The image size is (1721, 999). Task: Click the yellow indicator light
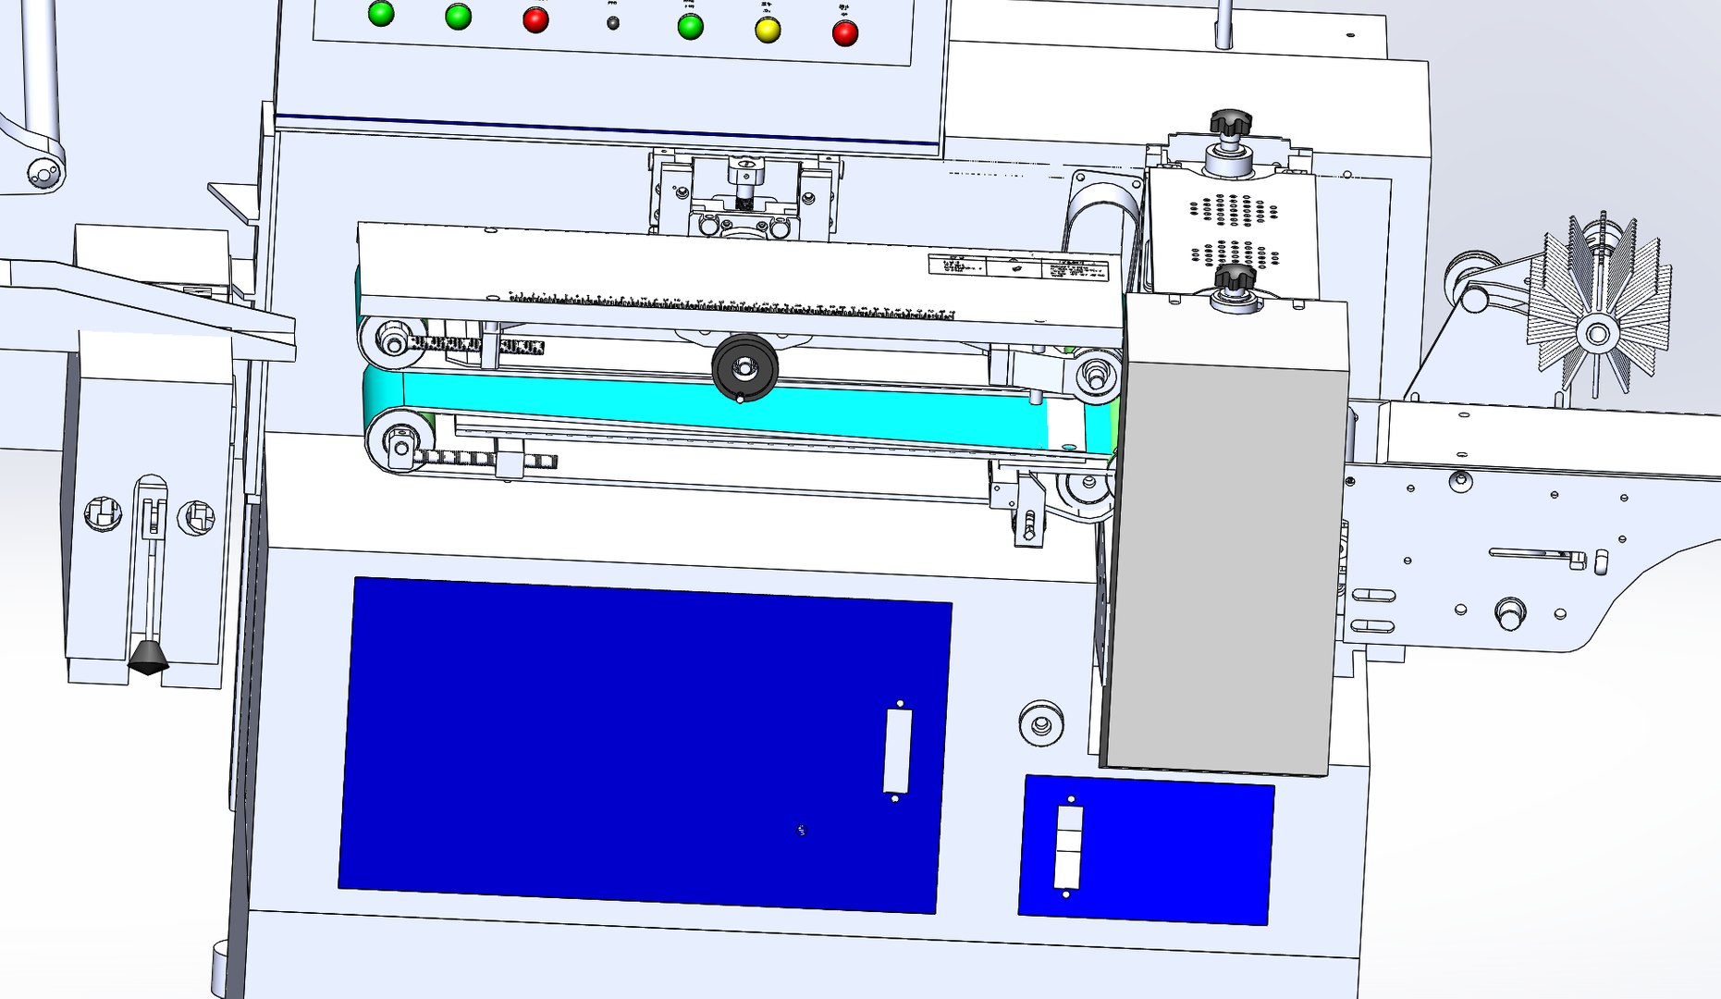pos(767,30)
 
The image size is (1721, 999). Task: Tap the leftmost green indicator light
pos(381,13)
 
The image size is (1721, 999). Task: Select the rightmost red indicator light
pos(845,33)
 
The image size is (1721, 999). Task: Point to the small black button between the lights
pos(613,23)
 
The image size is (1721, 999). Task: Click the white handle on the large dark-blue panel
pos(898,750)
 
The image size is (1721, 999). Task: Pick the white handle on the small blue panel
pos(1068,847)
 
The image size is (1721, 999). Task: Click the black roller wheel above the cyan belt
pos(744,367)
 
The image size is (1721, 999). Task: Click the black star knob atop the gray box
pos(1235,277)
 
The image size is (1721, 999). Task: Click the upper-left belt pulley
pos(393,342)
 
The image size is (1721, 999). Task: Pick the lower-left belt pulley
pos(400,440)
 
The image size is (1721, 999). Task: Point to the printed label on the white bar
pos(1017,266)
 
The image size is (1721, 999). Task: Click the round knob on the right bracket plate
pos(1509,612)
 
